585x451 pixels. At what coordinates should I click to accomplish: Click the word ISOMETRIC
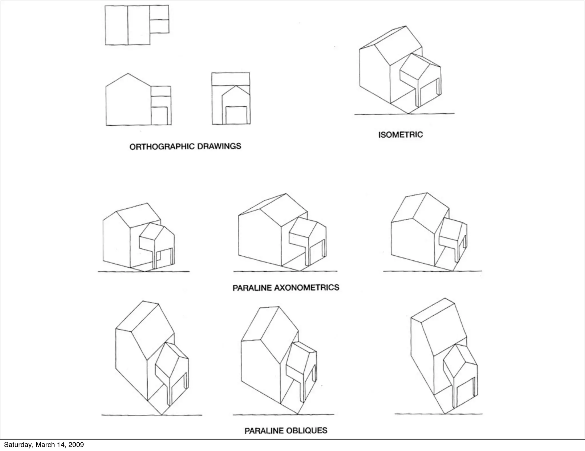[400, 134]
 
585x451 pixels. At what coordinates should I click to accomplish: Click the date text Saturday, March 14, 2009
[44, 445]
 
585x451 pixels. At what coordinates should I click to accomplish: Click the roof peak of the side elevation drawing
[128, 74]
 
